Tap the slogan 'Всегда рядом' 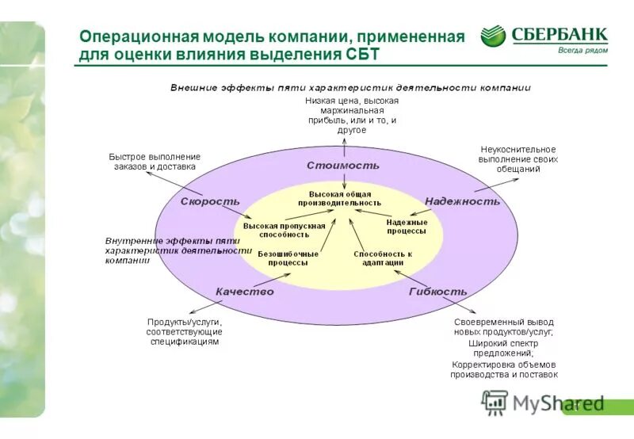pyautogui.click(x=582, y=50)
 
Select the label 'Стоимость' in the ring pyautogui.click(x=343, y=166)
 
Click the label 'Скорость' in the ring pyautogui.click(x=209, y=201)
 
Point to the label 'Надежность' pyautogui.click(x=462, y=201)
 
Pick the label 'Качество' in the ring pyautogui.click(x=244, y=292)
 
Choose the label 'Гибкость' pyautogui.click(x=437, y=292)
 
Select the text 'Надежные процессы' pyautogui.click(x=407, y=227)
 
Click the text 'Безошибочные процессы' pyautogui.click(x=288, y=258)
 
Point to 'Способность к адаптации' pyautogui.click(x=383, y=258)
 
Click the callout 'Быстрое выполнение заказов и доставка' pyautogui.click(x=155, y=162)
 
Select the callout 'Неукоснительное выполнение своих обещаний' pyautogui.click(x=518, y=158)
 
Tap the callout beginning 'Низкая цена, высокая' pyautogui.click(x=351, y=116)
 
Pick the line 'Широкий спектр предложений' pyautogui.click(x=503, y=348)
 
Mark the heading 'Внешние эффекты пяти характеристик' pyautogui.click(x=349, y=88)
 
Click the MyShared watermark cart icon pyautogui.click(x=495, y=402)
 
